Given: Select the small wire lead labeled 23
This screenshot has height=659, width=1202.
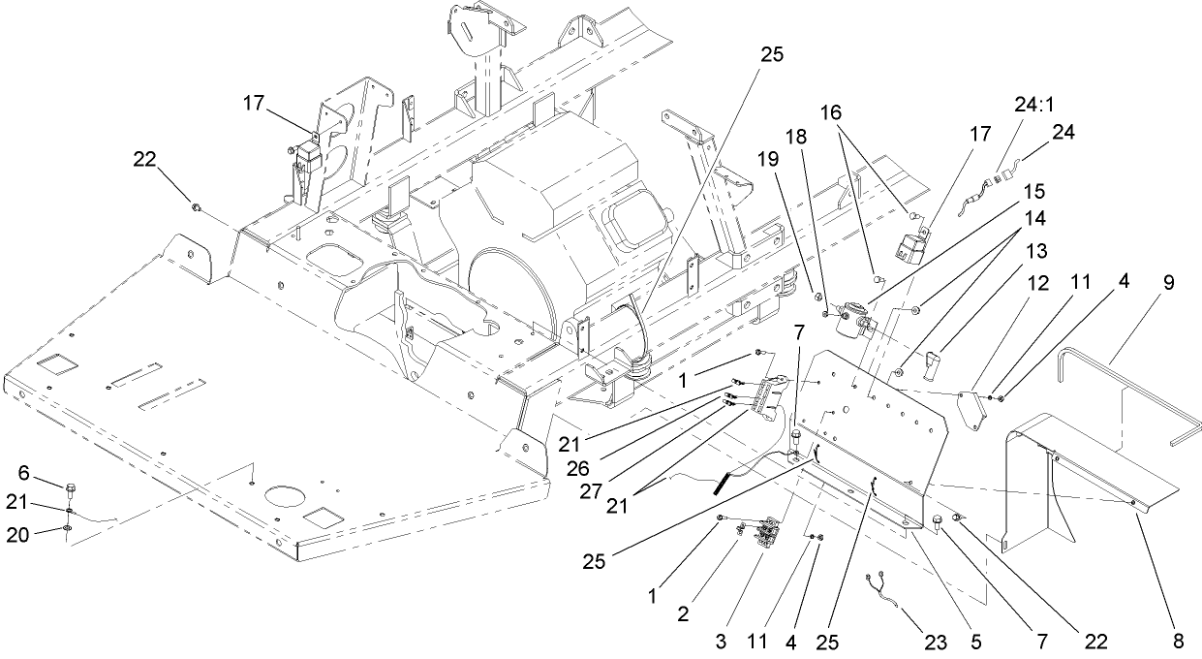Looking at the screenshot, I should pyautogui.click(x=886, y=591).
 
